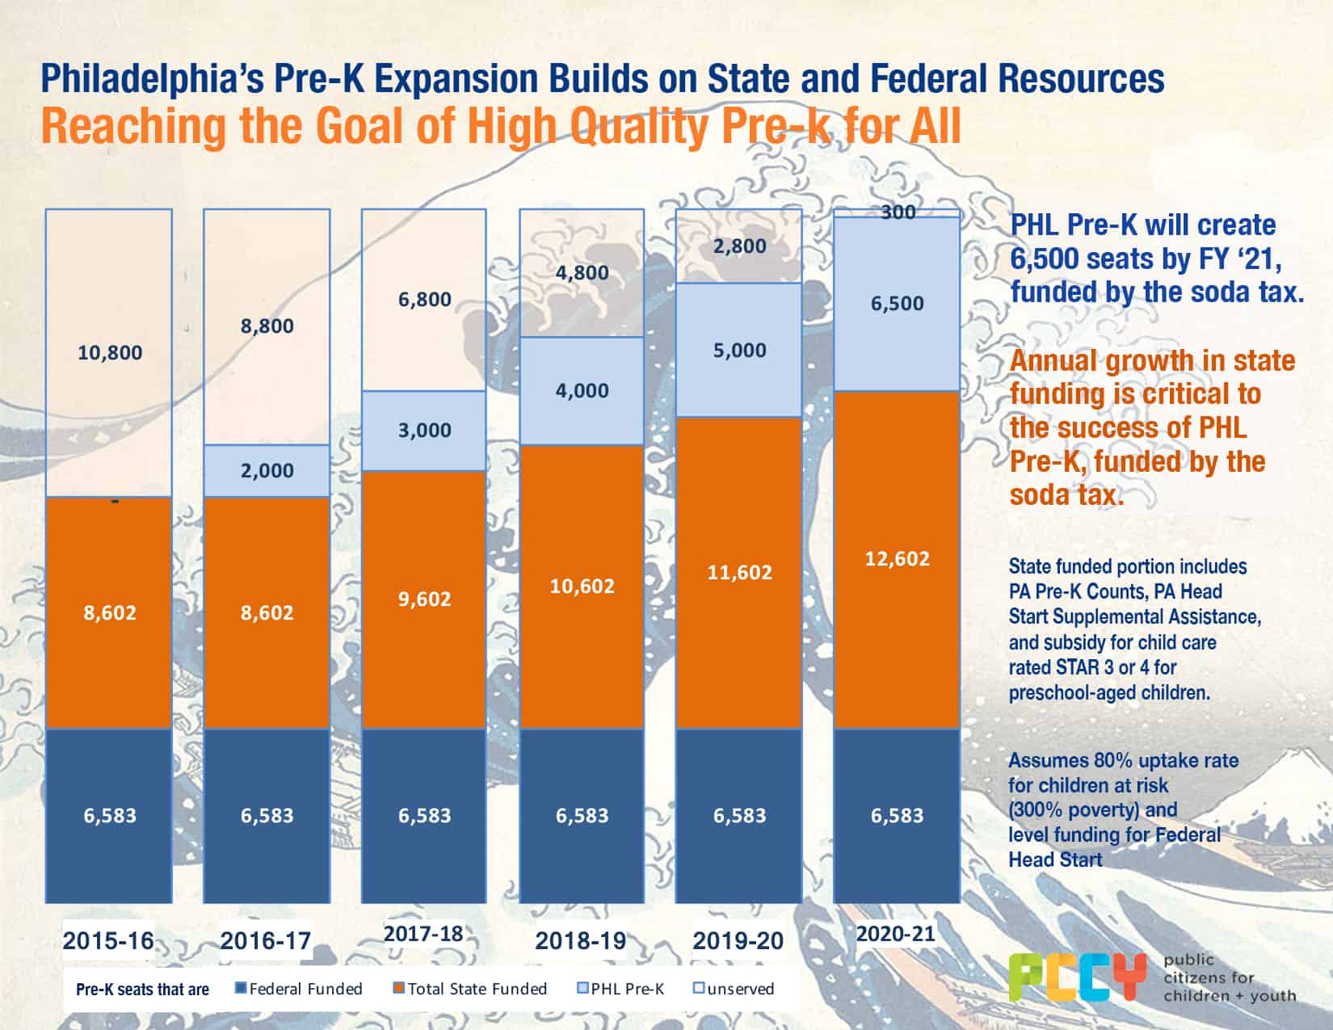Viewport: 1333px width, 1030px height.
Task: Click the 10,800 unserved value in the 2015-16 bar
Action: point(110,352)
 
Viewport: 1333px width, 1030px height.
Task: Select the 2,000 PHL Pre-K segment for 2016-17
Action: point(267,470)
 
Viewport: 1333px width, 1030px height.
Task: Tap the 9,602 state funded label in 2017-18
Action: point(424,599)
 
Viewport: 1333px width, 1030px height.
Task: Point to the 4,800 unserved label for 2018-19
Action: point(582,272)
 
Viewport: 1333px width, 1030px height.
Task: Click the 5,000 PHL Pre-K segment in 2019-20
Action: point(739,350)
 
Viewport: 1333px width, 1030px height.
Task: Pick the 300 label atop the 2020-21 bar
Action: point(898,212)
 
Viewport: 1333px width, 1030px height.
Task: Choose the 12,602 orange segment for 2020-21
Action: point(897,558)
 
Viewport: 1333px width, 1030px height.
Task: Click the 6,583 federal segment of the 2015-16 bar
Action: point(110,815)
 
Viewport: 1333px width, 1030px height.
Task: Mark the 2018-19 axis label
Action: point(580,940)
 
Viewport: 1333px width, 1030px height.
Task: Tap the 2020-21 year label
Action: point(895,934)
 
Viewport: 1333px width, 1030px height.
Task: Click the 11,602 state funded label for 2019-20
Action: point(739,572)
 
